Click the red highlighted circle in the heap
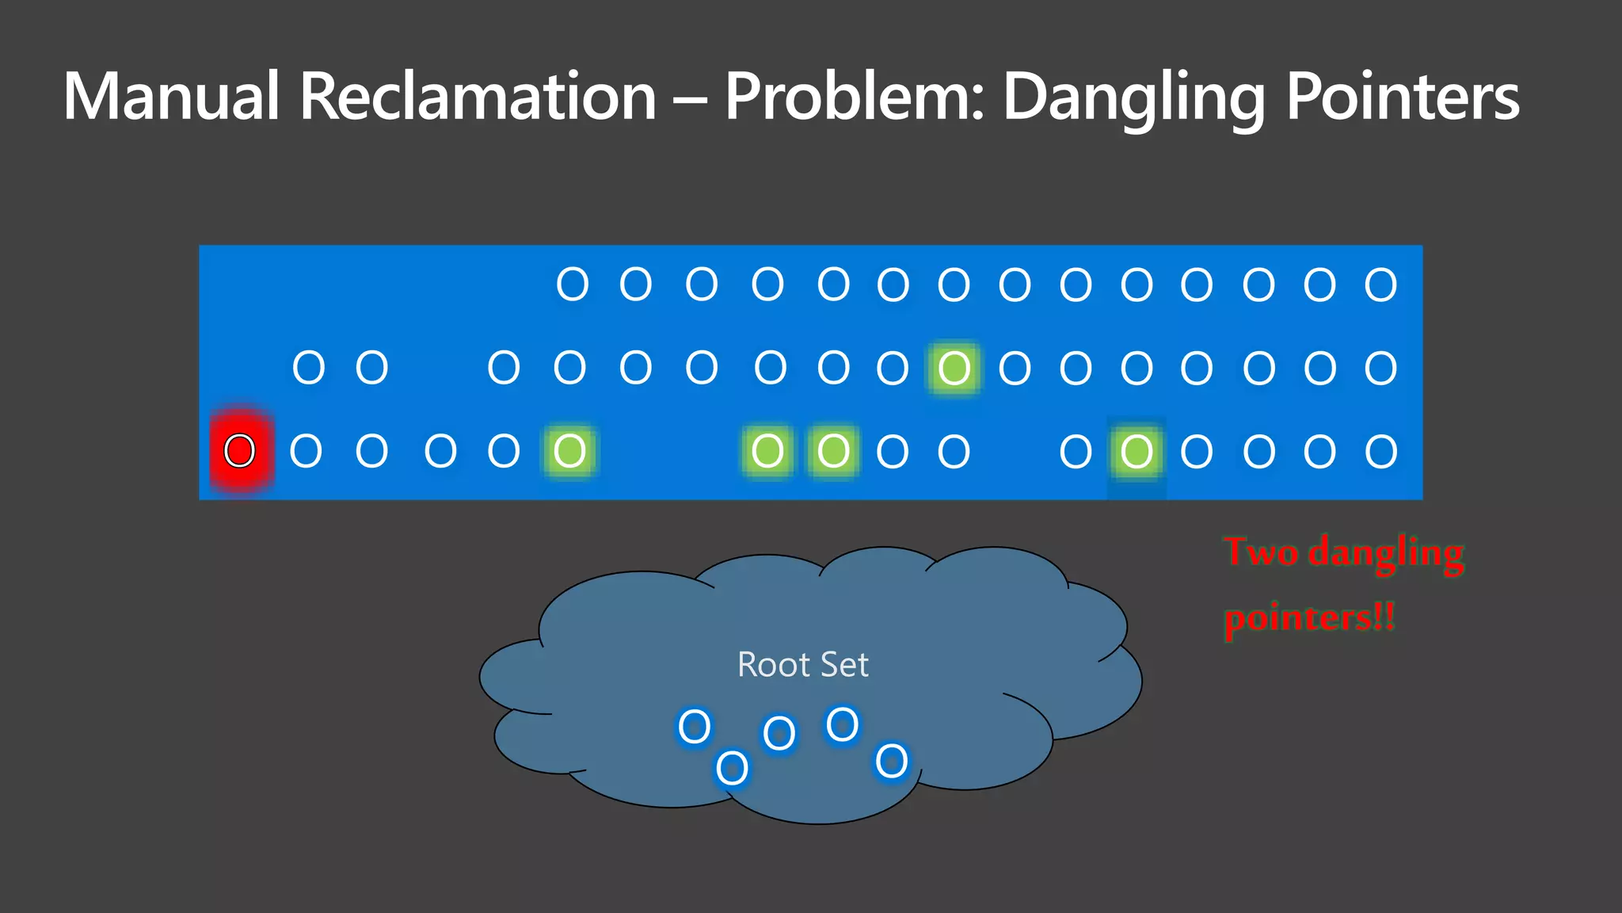240,451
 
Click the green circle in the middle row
954,368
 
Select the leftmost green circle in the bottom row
569,451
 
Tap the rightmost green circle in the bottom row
1137,452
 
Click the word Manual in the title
171,96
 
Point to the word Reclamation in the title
478,96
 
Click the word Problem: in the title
855,96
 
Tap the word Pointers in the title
1402,96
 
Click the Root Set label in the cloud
802,664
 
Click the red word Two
1261,552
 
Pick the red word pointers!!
1309,618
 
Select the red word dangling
1385,553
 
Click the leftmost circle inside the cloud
695,726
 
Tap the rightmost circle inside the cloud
892,761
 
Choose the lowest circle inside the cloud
732,767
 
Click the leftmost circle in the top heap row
573,284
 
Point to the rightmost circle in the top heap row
1380,285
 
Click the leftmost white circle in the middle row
309,368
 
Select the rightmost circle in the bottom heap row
1381,452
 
